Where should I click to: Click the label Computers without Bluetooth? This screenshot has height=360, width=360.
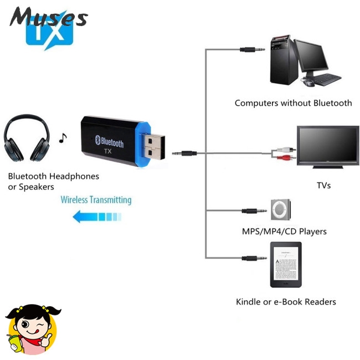point(293,103)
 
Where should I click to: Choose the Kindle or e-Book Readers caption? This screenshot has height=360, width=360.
point(286,302)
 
